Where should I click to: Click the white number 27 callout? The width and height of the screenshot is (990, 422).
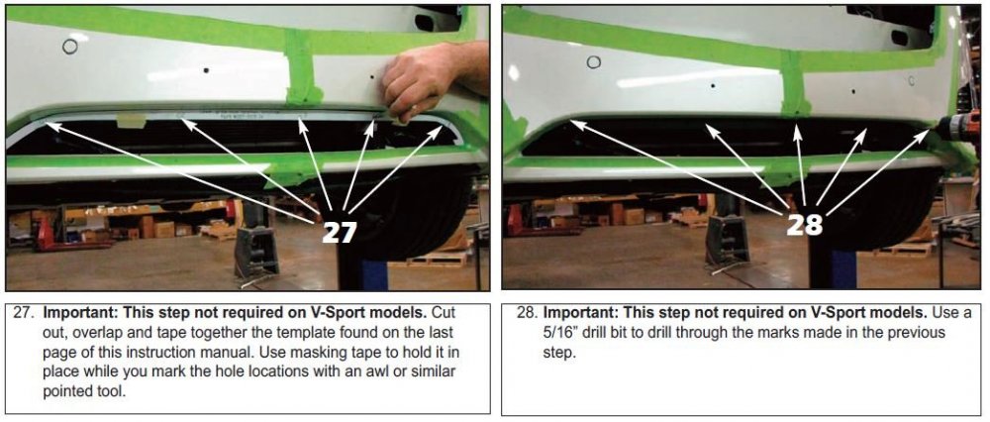click(339, 232)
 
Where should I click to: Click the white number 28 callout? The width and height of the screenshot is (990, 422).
click(804, 224)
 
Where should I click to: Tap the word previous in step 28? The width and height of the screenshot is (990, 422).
click(915, 332)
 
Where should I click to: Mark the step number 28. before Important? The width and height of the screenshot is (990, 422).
click(526, 313)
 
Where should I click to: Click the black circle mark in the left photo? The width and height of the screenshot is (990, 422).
click(69, 46)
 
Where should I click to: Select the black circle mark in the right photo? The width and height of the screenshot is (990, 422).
click(593, 61)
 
